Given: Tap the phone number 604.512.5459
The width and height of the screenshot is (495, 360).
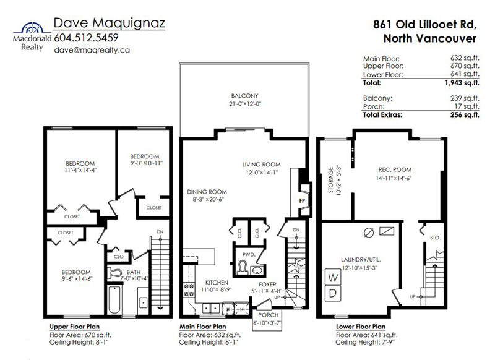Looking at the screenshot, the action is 86,38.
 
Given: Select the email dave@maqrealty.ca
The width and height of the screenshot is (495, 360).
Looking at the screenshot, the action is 92,50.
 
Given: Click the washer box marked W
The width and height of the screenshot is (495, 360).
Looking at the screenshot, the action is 333,277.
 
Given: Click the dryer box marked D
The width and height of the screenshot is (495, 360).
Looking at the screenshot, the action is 333,293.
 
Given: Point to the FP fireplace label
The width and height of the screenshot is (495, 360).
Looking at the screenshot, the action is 302,200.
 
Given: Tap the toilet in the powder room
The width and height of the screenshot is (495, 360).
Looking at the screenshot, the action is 243,268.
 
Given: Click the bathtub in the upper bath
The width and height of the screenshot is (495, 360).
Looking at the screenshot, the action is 114,299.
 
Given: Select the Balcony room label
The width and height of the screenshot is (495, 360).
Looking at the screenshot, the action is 244,96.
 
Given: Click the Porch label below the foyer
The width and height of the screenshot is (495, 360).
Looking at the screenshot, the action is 269,315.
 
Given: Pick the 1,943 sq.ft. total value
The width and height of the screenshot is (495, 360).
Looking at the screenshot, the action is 462,83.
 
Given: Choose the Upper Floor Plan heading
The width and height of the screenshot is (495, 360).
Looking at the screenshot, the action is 74,327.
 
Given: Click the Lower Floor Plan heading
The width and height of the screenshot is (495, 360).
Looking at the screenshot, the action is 361,327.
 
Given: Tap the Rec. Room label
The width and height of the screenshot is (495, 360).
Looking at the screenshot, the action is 395,169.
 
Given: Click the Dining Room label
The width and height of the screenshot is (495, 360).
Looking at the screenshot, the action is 207,192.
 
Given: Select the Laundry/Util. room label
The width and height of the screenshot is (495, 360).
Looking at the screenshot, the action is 361,260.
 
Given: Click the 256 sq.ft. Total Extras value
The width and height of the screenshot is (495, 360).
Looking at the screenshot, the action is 465,114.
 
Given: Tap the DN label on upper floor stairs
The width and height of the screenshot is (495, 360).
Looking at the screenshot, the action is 160,232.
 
